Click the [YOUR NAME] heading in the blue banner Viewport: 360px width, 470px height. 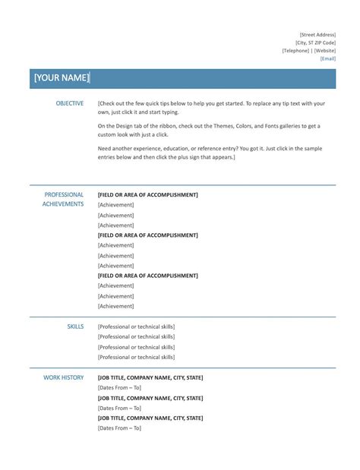62,78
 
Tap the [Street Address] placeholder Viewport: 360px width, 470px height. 317,35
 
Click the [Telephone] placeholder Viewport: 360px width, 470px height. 295,51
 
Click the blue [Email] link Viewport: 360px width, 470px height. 328,58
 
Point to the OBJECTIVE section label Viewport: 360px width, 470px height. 69,103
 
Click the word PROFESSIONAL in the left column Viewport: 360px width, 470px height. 64,194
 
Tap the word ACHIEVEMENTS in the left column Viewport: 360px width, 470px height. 63,204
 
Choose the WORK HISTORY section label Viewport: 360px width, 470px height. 64,377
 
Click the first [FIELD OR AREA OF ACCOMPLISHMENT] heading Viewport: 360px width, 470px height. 147,195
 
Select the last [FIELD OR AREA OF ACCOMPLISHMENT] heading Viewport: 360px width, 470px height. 147,276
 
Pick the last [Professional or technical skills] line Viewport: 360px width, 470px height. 136,356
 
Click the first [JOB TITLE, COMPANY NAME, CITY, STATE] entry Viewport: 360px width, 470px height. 150,377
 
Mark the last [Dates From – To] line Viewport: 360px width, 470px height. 119,427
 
